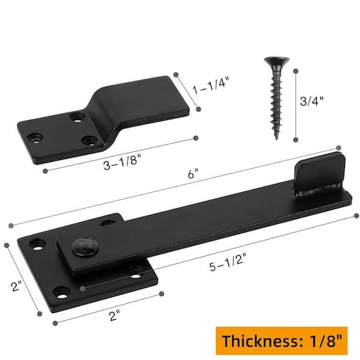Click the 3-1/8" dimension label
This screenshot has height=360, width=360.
(121, 161)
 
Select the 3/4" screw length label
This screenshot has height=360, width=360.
(311, 100)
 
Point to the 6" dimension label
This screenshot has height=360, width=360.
(193, 173)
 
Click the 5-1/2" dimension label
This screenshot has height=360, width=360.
(227, 262)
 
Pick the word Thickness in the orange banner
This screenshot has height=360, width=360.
(260, 340)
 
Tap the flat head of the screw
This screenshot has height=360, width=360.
(277, 61)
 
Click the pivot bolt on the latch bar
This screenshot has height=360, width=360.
(84, 247)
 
